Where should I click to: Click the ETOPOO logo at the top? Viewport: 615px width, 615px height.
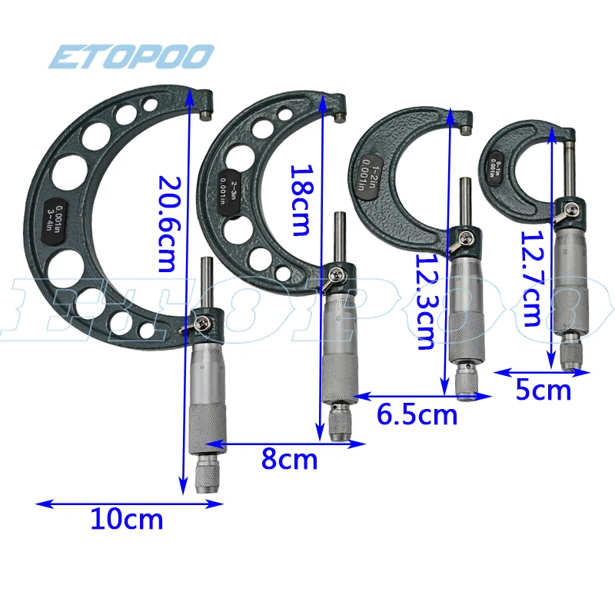pyautogui.click(x=130, y=56)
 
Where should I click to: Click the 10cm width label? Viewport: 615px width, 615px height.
pyautogui.click(x=127, y=520)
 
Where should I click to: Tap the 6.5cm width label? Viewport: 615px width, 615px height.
pyautogui.click(x=417, y=415)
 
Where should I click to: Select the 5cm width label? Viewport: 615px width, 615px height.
pyautogui.click(x=543, y=391)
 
